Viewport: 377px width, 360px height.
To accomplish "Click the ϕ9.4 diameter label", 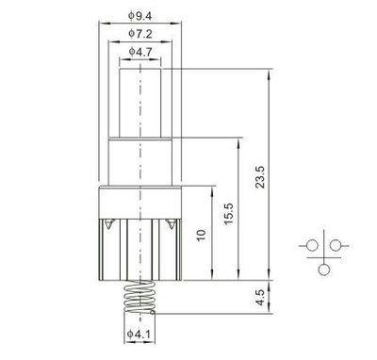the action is click(139, 16).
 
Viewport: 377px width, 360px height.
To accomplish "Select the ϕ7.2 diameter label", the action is click(140, 33).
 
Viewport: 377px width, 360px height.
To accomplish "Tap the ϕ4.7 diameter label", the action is click(140, 51).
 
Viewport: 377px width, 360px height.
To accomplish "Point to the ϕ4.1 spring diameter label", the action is click(139, 335).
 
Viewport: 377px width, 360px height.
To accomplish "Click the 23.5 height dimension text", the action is click(260, 177).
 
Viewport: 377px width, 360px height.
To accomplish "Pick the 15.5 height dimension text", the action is click(229, 213).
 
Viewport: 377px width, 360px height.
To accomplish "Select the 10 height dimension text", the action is click(201, 235).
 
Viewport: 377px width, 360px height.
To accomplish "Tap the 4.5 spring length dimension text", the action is click(260, 298).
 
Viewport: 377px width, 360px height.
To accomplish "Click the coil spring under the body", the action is click(139, 297).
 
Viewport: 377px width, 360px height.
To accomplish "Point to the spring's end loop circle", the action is click(153, 312).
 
